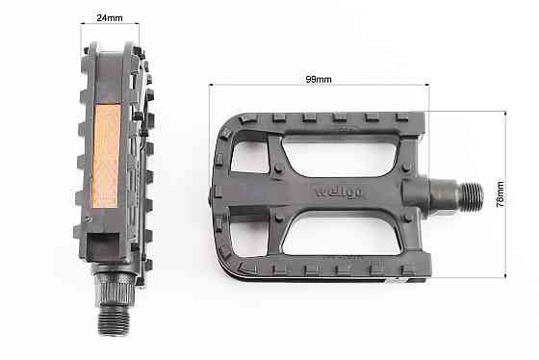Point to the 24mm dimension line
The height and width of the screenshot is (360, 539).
109,24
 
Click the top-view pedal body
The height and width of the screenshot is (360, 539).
318,193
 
